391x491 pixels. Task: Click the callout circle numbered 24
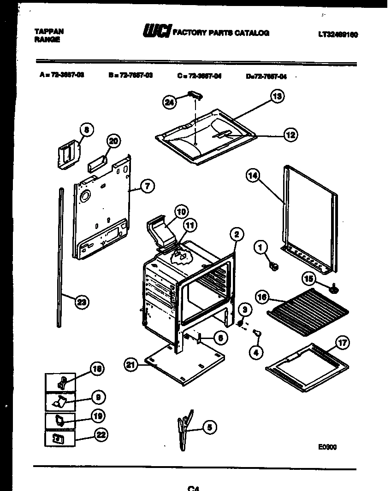[170, 103]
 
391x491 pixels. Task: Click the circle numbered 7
[147, 187]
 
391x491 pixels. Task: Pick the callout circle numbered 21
[131, 365]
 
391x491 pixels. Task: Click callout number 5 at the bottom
[209, 427]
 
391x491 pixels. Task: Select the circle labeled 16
[261, 298]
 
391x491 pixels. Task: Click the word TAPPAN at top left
[49, 31]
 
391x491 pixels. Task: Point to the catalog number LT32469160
[338, 34]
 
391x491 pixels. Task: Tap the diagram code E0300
[327, 446]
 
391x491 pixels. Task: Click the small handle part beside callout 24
[195, 95]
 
